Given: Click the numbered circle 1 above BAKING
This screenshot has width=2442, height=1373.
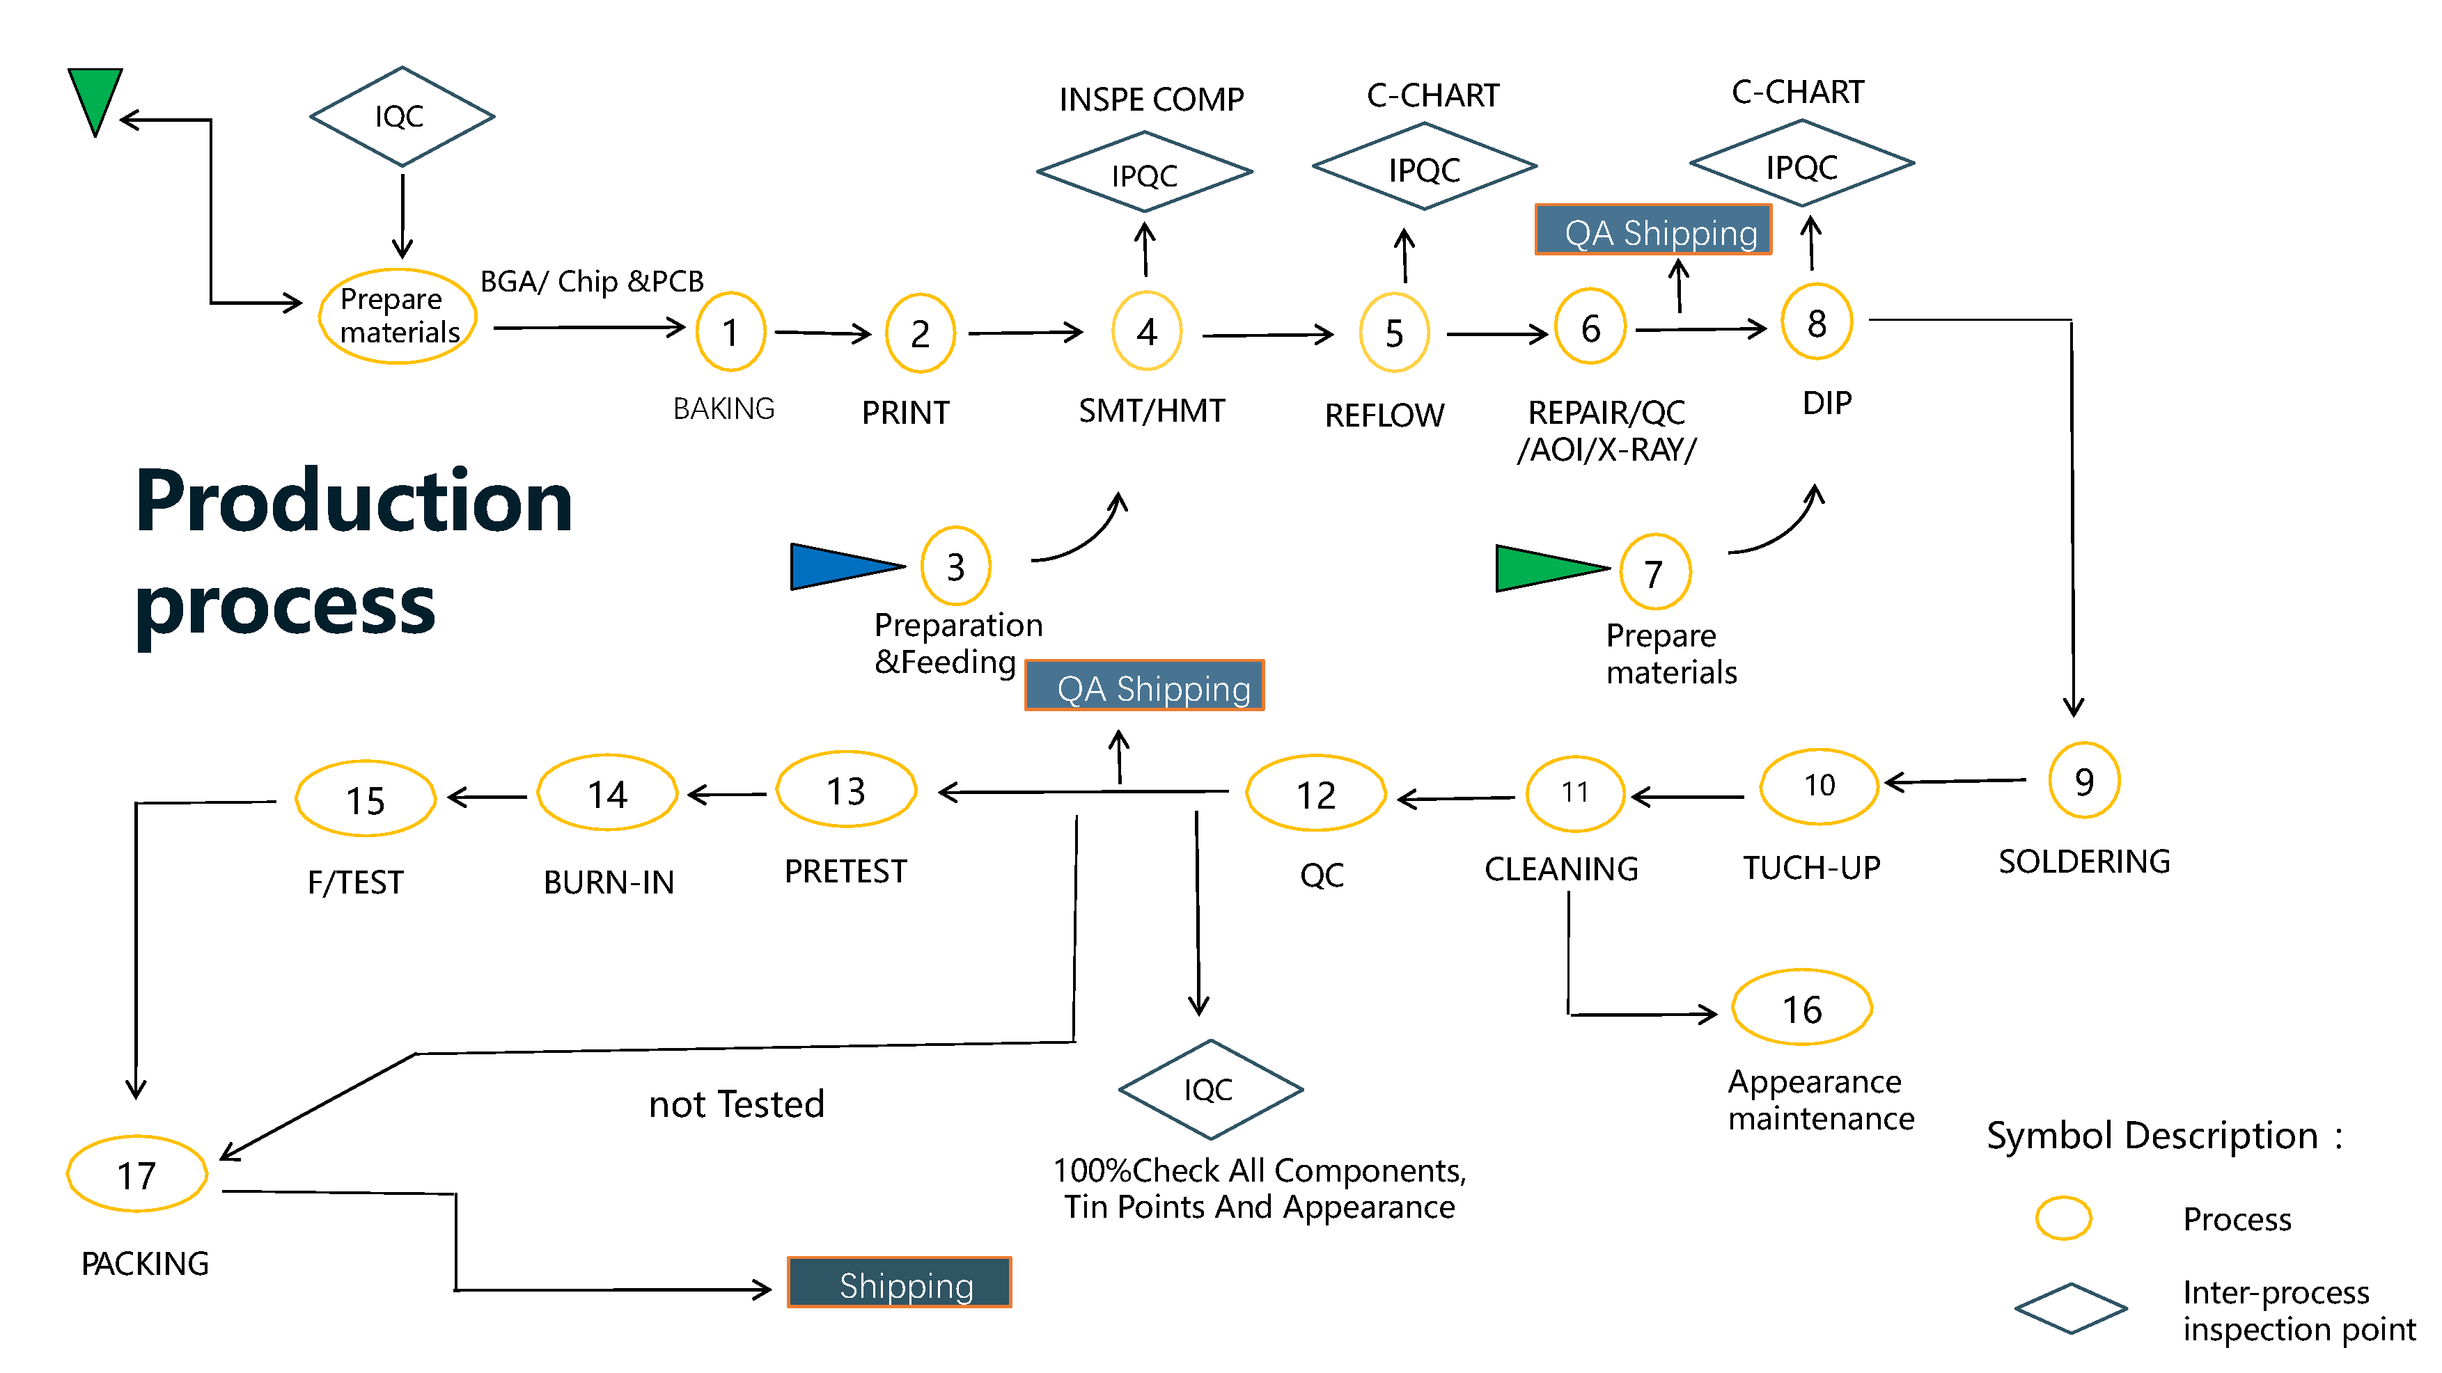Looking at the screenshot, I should pos(730,332).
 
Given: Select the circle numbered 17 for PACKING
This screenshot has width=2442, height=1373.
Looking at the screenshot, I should pos(136,1175).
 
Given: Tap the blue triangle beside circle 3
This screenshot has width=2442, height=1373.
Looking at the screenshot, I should pos(840,566).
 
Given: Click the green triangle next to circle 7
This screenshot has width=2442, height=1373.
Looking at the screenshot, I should pos(1545,569).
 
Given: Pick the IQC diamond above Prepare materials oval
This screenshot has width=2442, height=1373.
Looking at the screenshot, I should pos(402,116).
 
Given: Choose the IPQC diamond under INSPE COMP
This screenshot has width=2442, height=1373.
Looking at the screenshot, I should pos(1144,173).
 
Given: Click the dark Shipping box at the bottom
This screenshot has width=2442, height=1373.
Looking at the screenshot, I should pos(899,1283).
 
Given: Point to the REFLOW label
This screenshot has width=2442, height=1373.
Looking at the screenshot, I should pos(1384,415).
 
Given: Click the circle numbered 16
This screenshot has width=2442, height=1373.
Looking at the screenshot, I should pos(1801,1008).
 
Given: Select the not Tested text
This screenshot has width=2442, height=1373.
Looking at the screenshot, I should pos(737,1104).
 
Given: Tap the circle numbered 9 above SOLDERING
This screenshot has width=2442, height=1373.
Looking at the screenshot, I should pos(2083,781).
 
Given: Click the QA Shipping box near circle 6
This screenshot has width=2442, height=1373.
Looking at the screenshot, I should pos(1653,230).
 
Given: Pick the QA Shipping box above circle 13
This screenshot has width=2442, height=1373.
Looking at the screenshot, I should pos(1144,686).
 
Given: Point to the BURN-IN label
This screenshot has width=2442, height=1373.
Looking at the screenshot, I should pos(609,882).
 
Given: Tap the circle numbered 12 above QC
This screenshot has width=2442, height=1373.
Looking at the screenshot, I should pos(1316,794).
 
